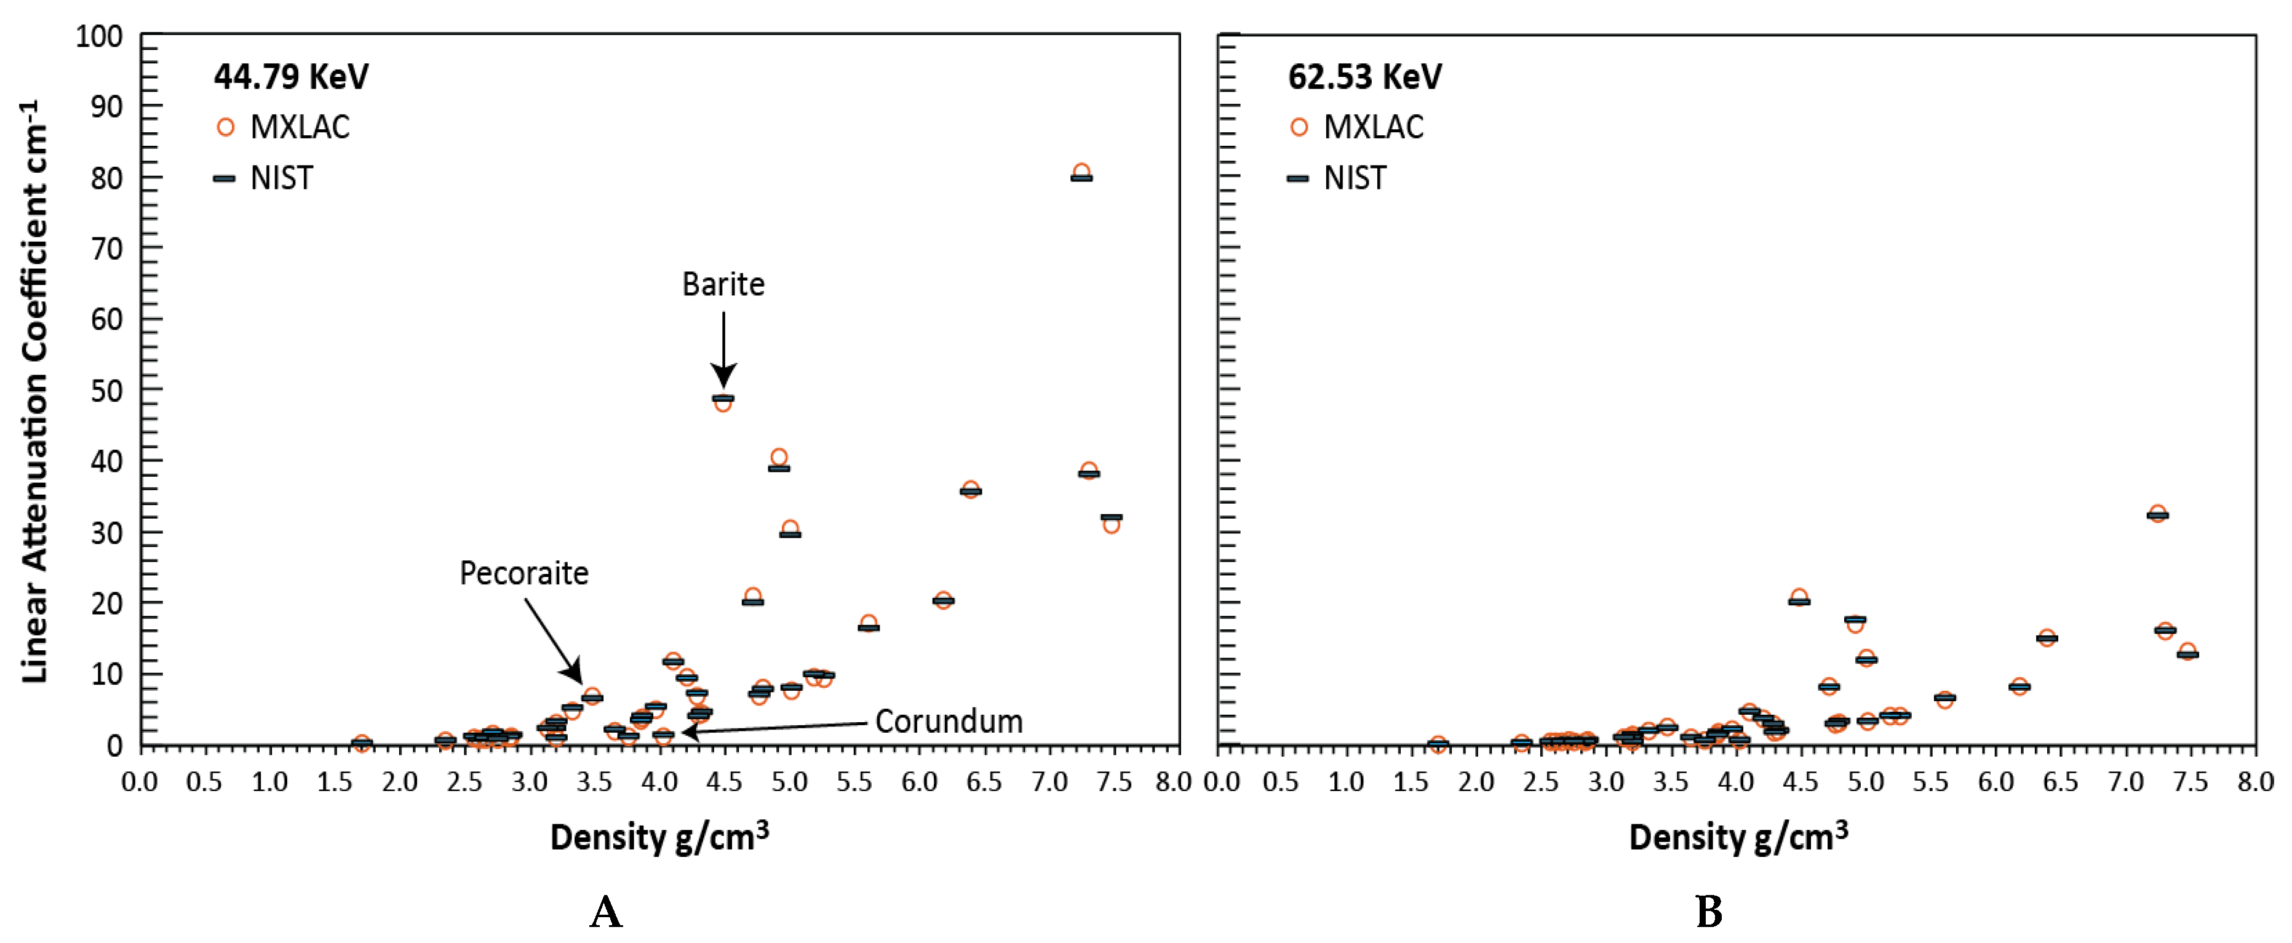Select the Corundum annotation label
click(x=949, y=722)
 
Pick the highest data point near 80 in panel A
click(x=1081, y=174)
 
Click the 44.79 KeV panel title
click(x=291, y=78)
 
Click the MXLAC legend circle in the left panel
click(x=225, y=127)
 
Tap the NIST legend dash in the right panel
click(x=1298, y=179)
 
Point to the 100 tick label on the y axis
click(x=99, y=38)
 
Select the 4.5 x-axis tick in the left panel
click(x=723, y=783)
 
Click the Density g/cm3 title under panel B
click(x=1738, y=838)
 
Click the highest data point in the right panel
click(x=2157, y=514)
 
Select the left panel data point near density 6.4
click(x=970, y=490)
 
